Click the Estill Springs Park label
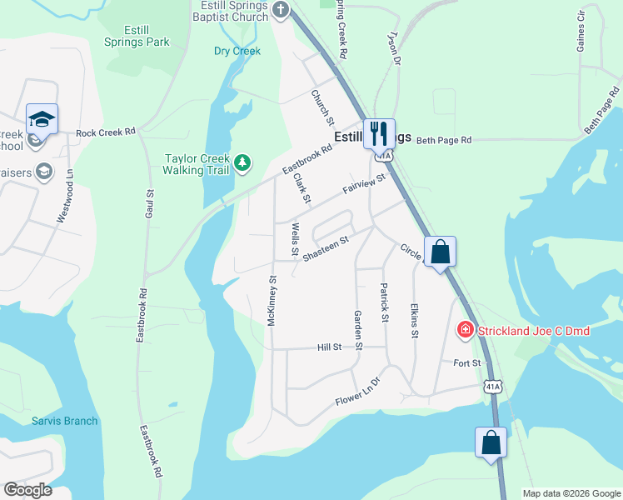pyautogui.click(x=137, y=35)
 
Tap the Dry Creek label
pyautogui.click(x=237, y=51)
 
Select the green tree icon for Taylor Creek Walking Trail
pyautogui.click(x=242, y=161)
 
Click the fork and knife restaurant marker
pyautogui.click(x=379, y=132)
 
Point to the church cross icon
pyautogui.click(x=281, y=9)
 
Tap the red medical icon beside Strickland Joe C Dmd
pyautogui.click(x=465, y=331)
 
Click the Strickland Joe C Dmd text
pyautogui.click(x=533, y=331)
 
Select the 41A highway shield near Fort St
pyautogui.click(x=493, y=386)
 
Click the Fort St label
pyautogui.click(x=467, y=363)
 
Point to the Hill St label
pyautogui.click(x=330, y=347)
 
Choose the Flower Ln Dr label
pyautogui.click(x=357, y=389)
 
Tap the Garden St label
pyautogui.click(x=359, y=329)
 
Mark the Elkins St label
pyautogui.click(x=414, y=321)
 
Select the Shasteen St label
pyautogui.click(x=324, y=248)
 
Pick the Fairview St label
pyautogui.click(x=365, y=185)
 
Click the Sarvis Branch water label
pyautogui.click(x=65, y=421)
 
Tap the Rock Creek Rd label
pyautogui.click(x=105, y=132)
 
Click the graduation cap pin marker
pyautogui.click(x=42, y=119)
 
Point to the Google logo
pyautogui.click(x=27, y=490)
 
